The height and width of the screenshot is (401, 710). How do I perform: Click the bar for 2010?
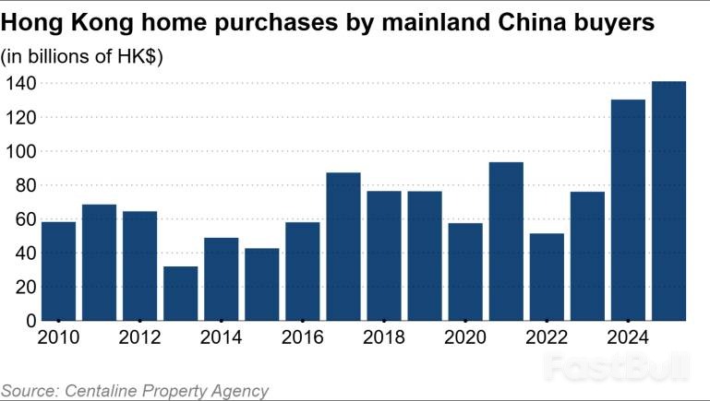tap(58, 271)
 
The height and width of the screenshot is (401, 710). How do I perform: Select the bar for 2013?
tap(180, 293)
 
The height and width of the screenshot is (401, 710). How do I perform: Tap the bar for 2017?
tap(343, 246)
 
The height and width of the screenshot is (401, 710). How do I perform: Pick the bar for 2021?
tap(506, 242)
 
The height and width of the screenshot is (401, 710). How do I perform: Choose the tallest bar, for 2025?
tap(668, 201)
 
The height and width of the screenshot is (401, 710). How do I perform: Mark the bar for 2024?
tap(628, 209)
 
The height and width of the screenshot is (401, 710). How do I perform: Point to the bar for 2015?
tap(261, 284)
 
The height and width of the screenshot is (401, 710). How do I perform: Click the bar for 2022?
tap(547, 277)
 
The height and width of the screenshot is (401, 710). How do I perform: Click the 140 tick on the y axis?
tap(18, 84)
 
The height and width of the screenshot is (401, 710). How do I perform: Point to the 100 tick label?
tap(18, 151)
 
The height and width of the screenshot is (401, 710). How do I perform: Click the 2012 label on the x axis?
tap(139, 337)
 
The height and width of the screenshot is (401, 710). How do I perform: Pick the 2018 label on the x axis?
tap(384, 337)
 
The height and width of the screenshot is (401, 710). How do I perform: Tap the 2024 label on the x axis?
tap(628, 337)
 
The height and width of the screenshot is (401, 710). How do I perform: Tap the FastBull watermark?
tap(616, 368)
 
